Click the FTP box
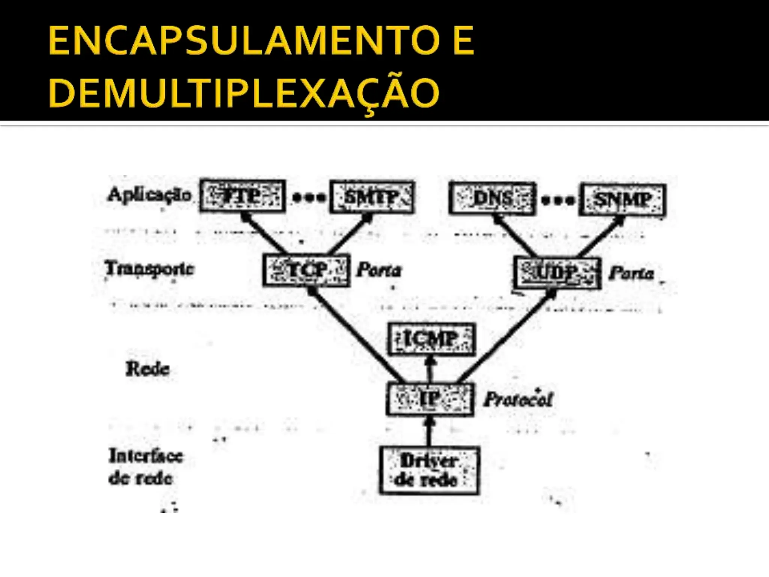243,196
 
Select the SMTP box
372,197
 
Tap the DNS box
492,198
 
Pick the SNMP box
623,199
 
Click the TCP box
306,270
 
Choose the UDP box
557,273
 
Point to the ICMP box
431,339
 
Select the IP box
430,399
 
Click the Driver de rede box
429,470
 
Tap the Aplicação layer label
149,195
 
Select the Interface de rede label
145,467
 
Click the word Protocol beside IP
518,399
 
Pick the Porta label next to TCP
379,270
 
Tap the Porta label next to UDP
632,273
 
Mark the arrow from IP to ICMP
431,369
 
